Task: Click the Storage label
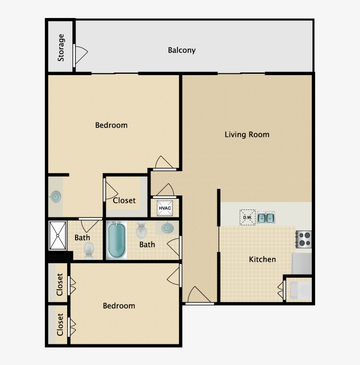61,47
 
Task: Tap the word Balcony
182,50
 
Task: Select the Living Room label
247,134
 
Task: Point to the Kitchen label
263,259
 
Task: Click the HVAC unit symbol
165,208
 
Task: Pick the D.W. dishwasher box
247,217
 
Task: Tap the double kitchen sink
266,217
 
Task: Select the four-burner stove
304,239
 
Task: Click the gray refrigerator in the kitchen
302,264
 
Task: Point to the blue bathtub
117,241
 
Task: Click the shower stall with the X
58,235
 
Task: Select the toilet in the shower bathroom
89,251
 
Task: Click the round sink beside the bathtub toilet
167,228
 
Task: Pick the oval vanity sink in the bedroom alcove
56,197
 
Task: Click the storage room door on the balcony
80,54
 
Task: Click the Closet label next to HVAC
124,200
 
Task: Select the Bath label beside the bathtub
147,244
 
